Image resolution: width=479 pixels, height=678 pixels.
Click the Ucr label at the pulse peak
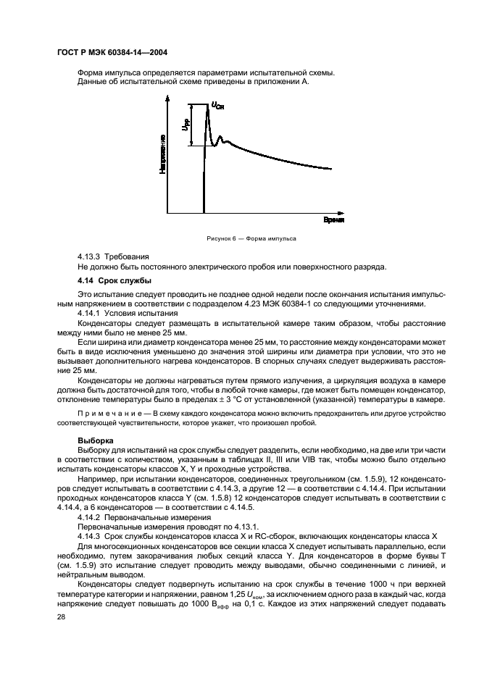point(218,106)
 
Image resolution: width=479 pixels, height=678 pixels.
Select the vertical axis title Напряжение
point(164,153)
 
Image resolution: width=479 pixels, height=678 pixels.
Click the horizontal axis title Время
point(333,219)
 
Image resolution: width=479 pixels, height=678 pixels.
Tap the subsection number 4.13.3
point(89,256)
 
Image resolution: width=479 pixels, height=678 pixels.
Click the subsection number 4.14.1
point(89,313)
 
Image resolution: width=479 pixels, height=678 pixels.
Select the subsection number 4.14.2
point(89,519)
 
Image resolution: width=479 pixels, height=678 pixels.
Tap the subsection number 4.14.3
point(89,536)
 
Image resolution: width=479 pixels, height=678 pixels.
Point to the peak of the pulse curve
point(208,109)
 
